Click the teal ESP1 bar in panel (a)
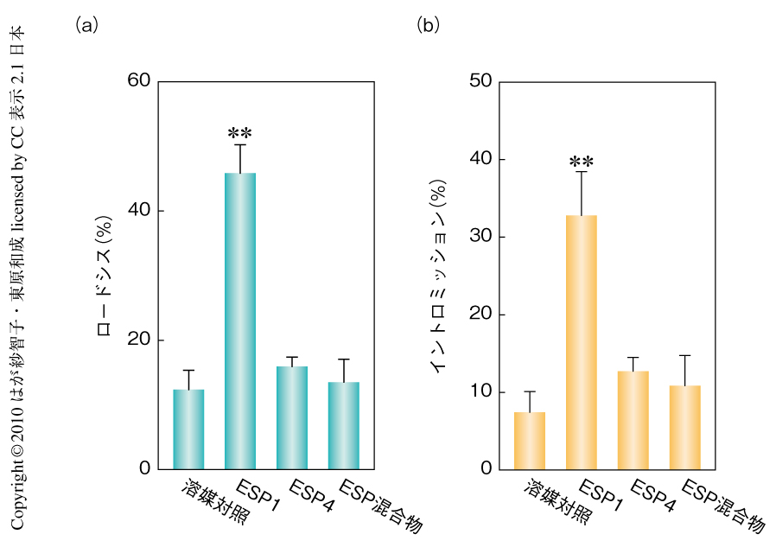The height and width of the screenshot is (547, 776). (x=240, y=321)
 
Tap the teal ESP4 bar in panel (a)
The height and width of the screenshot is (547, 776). (x=292, y=417)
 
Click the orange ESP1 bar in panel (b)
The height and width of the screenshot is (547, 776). (x=582, y=342)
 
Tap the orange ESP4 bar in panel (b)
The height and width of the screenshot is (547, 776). (x=633, y=420)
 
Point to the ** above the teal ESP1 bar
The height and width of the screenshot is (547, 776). (x=240, y=134)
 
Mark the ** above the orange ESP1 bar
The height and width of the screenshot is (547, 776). (x=582, y=162)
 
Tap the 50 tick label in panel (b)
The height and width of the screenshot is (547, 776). (x=480, y=81)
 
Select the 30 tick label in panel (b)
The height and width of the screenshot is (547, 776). (x=480, y=237)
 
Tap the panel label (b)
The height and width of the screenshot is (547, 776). (x=429, y=25)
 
